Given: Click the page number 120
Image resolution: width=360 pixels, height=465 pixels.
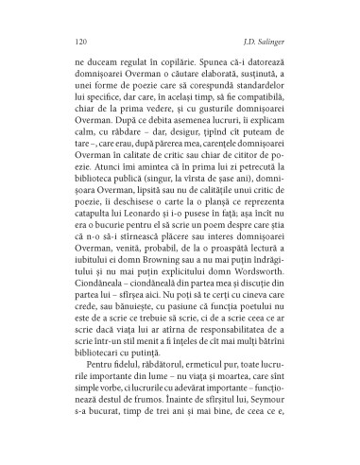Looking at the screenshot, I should [78, 42].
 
